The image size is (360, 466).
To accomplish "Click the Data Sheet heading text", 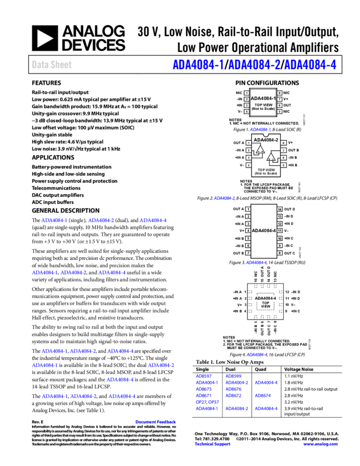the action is pyautogui.click(x=52, y=65).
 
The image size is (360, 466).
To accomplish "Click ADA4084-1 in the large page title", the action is pyautogui.click(x=198, y=65).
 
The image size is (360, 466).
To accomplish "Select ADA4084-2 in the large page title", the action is pyautogui.click(x=254, y=65).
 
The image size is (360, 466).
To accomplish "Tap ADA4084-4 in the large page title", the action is pyautogui.click(x=310, y=65).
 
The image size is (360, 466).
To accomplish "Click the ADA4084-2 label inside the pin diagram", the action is pyautogui.click(x=266, y=140).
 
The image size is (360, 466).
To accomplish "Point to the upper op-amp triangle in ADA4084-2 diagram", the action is pyautogui.click(x=260, y=149).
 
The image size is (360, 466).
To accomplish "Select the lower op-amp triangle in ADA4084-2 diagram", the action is pyautogui.click(x=271, y=157).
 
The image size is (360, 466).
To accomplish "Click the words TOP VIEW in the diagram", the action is pyautogui.click(x=266, y=170).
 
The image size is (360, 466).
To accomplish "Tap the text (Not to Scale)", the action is pyautogui.click(x=266, y=173).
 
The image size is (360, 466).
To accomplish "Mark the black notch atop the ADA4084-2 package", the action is pyautogui.click(x=266, y=134).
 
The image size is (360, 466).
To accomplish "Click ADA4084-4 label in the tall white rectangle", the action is pyautogui.click(x=264, y=231).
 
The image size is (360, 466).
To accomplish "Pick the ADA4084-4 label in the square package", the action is pyautogui.click(x=265, y=298).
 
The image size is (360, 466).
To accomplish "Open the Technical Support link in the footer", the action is pyautogui.click(x=213, y=444).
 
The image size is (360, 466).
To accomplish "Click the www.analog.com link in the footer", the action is pyautogui.click(x=321, y=444).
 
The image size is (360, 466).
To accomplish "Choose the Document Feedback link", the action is pyautogui.click(x=156, y=422).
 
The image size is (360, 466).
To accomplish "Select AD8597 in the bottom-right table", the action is pyautogui.click(x=204, y=376).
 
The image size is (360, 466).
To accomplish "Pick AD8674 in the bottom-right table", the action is pyautogui.click(x=263, y=395).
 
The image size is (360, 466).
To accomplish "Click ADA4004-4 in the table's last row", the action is pyautogui.click(x=266, y=408).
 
